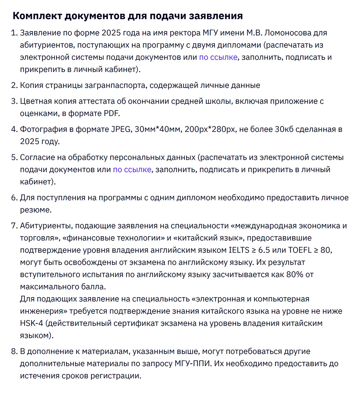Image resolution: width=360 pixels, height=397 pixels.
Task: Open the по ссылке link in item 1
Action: pos(218,57)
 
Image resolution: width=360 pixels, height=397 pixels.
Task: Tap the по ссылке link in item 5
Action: pos(132,170)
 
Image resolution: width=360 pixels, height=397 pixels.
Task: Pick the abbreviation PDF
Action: pos(111,114)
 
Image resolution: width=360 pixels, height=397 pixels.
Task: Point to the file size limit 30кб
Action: pos(284,129)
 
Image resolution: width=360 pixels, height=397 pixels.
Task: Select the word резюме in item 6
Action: pos(35,210)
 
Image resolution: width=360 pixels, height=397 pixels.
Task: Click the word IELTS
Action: pos(239,250)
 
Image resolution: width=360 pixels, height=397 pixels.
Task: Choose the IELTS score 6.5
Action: pos(264,250)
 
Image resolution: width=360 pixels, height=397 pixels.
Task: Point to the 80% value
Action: pos(295,275)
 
